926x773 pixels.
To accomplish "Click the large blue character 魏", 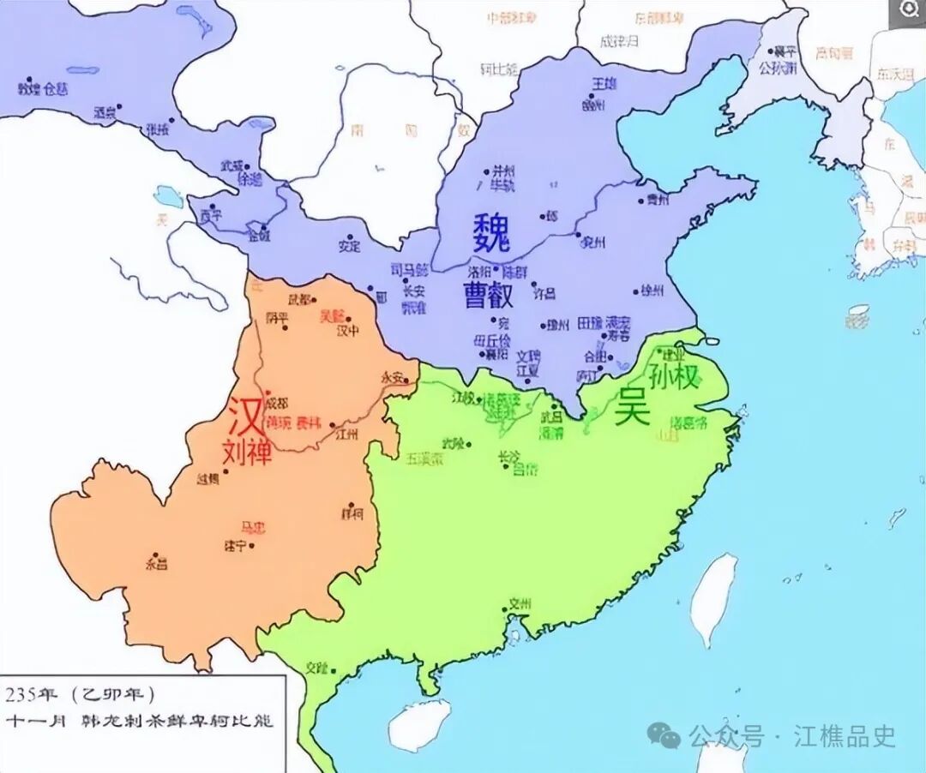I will (490, 233).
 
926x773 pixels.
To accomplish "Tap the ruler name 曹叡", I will (489, 296).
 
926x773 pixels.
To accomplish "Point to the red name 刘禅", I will (246, 452).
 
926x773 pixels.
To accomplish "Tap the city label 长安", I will (413, 291).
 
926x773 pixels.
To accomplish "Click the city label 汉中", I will (348, 330).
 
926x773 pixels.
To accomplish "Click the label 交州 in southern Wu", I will (520, 603).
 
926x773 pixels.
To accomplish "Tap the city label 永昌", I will (156, 565).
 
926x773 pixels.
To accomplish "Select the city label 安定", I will (350, 245).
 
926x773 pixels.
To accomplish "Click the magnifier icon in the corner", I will (906, 12).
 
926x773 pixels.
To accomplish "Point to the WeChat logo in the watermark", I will (664, 735).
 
